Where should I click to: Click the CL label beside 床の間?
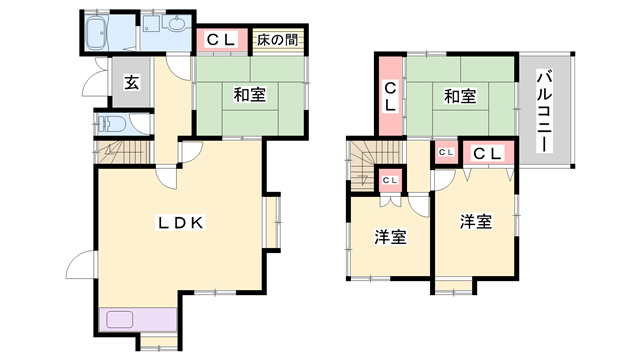click(221, 41)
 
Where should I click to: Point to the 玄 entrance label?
click(132, 84)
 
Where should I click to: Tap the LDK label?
click(180, 223)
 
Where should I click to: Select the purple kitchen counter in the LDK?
click(137, 321)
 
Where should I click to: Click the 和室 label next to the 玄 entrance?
click(249, 95)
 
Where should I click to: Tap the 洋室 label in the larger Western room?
click(476, 222)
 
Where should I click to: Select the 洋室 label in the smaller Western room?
click(390, 237)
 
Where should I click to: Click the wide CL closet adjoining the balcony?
click(488, 153)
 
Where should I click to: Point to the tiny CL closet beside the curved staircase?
click(391, 180)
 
